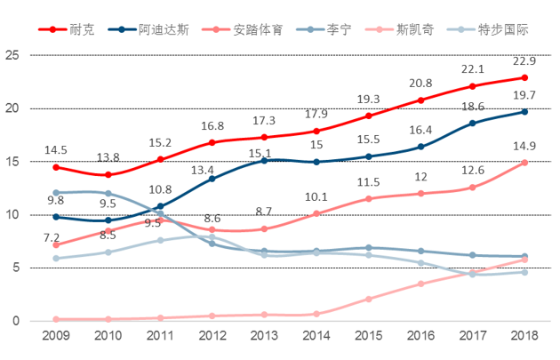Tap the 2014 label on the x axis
coord(316,337)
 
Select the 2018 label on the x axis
coord(524,337)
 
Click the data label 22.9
coord(524,61)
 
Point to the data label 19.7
coord(524,96)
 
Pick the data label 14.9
coord(524,147)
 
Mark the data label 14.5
coord(56,150)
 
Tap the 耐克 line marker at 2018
coord(524,77)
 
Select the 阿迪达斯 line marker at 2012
coord(212,179)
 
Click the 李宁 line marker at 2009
coord(56,192)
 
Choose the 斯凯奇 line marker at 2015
coord(369,299)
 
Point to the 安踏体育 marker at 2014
coord(316,213)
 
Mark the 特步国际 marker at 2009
coord(56,259)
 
